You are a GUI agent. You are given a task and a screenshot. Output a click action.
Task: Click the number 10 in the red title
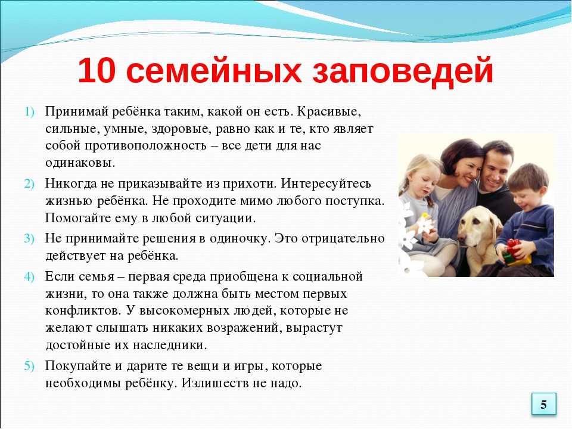(97, 70)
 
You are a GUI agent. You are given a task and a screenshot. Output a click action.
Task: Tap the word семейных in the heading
(214, 70)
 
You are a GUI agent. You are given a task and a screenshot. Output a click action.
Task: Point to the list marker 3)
(29, 239)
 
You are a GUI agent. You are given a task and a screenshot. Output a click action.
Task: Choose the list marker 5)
(29, 366)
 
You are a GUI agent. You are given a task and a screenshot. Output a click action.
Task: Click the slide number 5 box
(543, 404)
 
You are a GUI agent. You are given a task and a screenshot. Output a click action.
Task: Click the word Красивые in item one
(329, 111)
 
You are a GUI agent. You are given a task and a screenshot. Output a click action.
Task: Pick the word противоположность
(145, 145)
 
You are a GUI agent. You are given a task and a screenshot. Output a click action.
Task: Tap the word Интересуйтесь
(326, 183)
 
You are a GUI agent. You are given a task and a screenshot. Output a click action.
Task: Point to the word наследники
(170, 345)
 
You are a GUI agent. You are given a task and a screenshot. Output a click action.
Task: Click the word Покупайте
(79, 366)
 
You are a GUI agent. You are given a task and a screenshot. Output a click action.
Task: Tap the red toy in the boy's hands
(513, 247)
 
